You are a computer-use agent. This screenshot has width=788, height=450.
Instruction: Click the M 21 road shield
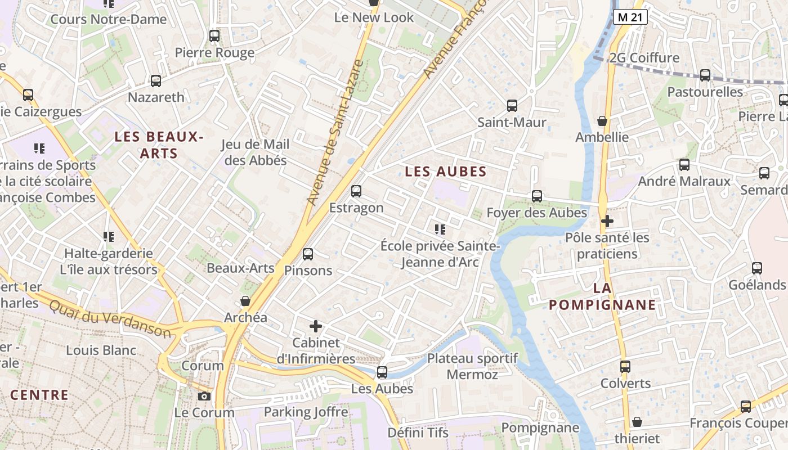click(630, 17)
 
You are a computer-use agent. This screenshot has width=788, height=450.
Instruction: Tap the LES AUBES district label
click(446, 172)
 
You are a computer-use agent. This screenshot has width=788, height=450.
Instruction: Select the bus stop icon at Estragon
click(356, 191)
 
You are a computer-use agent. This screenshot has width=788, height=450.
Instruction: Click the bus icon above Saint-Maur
click(512, 105)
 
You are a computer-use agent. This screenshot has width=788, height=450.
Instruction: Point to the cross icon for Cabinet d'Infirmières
click(316, 326)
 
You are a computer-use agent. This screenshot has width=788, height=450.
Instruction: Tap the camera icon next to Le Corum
click(204, 397)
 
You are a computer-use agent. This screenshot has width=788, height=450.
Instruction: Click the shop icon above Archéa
click(245, 301)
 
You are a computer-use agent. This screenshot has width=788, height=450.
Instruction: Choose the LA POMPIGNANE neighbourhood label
click(602, 296)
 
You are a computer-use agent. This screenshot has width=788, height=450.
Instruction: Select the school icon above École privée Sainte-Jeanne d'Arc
click(440, 229)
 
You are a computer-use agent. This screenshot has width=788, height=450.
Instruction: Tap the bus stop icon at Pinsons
click(308, 254)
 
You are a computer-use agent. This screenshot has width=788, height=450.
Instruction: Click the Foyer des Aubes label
click(536, 213)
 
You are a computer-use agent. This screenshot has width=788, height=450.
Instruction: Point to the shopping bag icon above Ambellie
click(602, 121)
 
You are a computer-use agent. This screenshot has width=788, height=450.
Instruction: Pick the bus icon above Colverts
click(625, 367)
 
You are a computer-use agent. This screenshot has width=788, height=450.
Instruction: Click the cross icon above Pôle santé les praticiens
click(607, 221)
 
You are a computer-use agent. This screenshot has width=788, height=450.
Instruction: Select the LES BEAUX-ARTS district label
click(158, 145)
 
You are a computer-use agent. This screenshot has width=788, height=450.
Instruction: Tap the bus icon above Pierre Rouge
click(214, 36)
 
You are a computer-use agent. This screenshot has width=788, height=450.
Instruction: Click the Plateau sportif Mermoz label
click(472, 366)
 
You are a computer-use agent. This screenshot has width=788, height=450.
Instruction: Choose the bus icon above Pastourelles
click(705, 75)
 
